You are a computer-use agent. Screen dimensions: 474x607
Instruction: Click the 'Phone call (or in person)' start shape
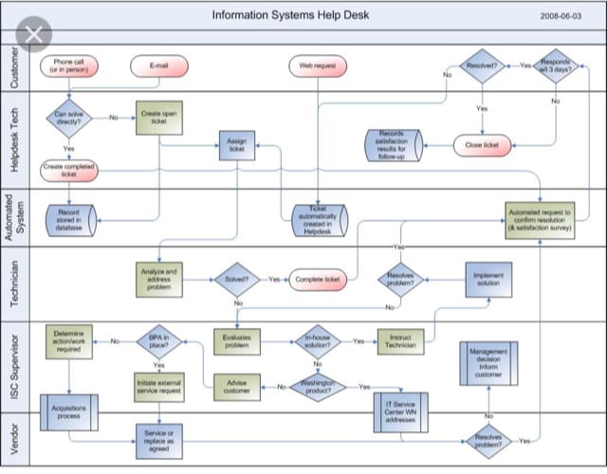click(x=68, y=67)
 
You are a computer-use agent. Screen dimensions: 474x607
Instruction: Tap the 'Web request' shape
click(x=318, y=66)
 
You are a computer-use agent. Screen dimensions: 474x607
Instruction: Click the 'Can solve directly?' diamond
click(x=68, y=118)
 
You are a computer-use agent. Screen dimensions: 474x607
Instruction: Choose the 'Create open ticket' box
click(x=158, y=118)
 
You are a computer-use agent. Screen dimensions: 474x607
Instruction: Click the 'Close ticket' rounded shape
click(x=482, y=145)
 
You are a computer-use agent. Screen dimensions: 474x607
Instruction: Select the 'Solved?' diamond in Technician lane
click(x=236, y=280)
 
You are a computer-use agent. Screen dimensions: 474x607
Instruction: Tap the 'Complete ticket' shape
click(x=318, y=280)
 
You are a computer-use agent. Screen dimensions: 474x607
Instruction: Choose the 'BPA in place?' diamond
click(x=158, y=341)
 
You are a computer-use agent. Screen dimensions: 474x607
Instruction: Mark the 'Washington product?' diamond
click(x=318, y=387)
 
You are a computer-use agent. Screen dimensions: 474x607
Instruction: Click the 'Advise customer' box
click(x=236, y=387)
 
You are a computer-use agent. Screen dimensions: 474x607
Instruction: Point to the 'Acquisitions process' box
click(x=68, y=412)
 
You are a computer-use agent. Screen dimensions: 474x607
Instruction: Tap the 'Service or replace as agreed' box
click(x=158, y=439)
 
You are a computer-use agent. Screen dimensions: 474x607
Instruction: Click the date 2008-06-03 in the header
click(x=561, y=16)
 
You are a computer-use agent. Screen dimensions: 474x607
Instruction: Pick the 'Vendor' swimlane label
click(x=12, y=439)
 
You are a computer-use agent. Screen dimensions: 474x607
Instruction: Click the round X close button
click(x=35, y=35)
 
